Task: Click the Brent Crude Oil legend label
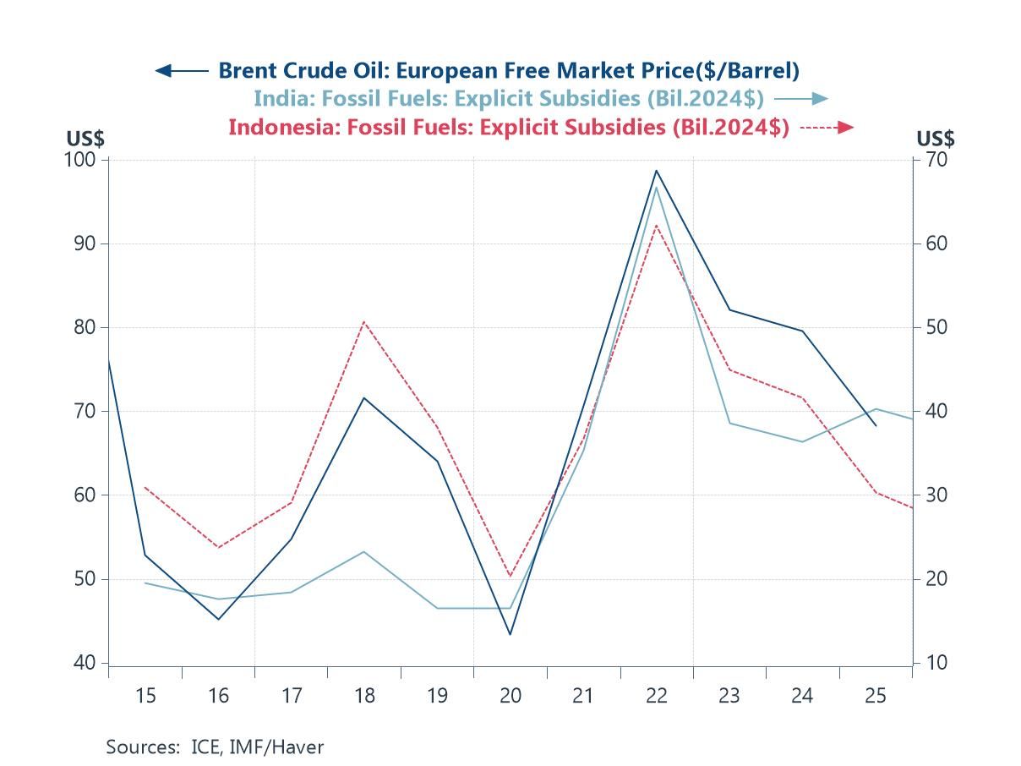tap(509, 70)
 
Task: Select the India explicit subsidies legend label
tap(509, 99)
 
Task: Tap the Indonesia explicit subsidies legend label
tap(509, 128)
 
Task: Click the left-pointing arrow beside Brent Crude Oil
tap(182, 71)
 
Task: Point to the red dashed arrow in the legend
tap(827, 128)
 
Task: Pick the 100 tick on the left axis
tap(85, 160)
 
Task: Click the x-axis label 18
tap(364, 696)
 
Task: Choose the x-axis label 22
tap(656, 696)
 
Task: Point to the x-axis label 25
tap(875, 696)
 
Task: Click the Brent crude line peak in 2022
tap(656, 171)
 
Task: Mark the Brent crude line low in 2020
tap(510, 634)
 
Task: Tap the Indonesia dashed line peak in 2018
tap(364, 321)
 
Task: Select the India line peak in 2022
tap(656, 187)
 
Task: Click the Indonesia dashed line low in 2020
tap(510, 577)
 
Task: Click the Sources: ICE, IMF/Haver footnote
tap(215, 747)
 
